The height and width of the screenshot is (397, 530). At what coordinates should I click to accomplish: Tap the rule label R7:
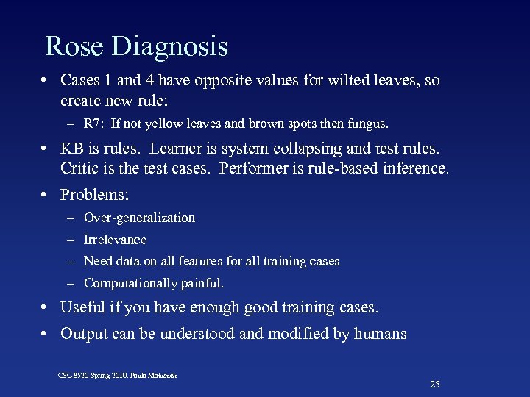94,123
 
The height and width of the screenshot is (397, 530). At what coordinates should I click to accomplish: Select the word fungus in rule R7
370,123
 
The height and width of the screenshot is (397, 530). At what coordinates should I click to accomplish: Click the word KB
71,149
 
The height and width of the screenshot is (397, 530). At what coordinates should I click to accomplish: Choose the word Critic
80,168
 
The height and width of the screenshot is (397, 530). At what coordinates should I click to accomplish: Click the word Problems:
94,195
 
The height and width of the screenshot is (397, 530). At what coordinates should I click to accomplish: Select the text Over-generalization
139,218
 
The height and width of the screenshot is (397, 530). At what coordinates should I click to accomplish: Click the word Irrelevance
115,240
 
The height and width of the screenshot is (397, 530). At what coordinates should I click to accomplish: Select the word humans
380,334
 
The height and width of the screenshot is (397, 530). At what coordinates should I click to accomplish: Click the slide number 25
434,384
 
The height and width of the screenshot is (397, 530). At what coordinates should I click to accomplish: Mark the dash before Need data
70,261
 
